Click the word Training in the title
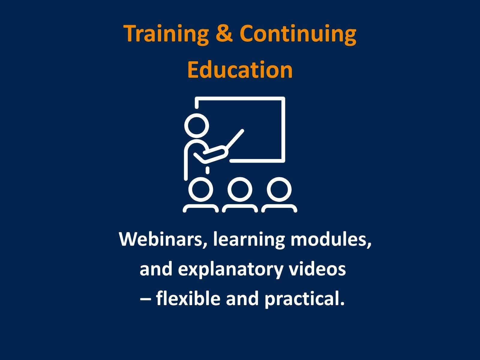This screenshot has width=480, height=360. (166, 34)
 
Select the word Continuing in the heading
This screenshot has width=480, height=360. (298, 34)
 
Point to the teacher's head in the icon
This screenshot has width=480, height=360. (196, 126)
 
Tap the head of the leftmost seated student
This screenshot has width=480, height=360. (201, 189)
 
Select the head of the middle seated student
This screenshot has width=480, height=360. (240, 189)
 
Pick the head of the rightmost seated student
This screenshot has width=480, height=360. (279, 189)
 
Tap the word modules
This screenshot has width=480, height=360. (331, 240)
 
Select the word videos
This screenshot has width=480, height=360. (317, 269)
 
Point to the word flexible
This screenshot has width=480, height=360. (188, 298)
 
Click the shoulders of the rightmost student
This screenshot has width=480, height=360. (279, 208)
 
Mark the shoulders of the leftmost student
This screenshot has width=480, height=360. (201, 208)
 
